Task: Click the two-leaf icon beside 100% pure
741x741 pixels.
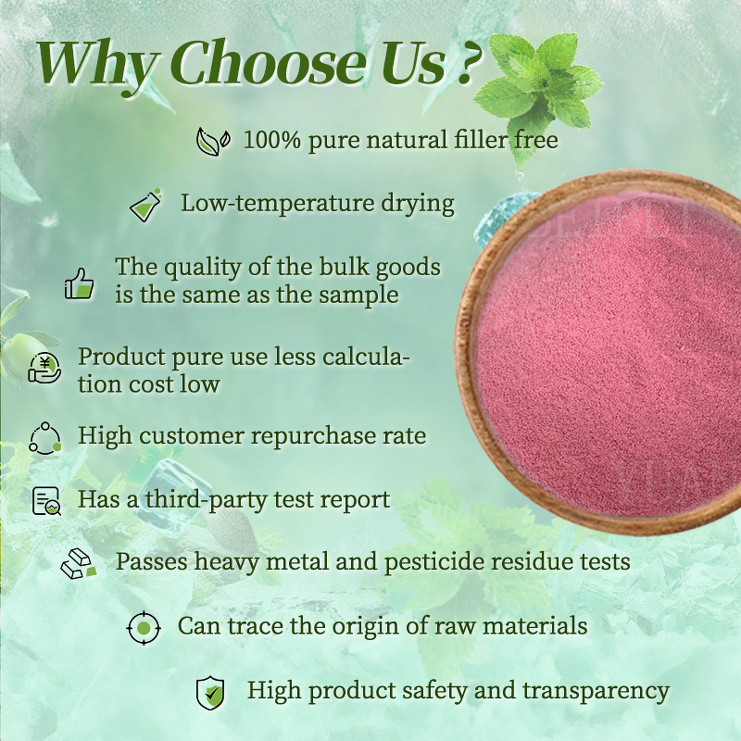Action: [x=212, y=141]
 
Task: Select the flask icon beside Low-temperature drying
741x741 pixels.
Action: [x=145, y=204]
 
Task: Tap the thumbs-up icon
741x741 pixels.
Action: [x=80, y=282]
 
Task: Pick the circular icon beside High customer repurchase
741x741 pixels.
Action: [x=44, y=436]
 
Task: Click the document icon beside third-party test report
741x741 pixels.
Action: [x=45, y=501]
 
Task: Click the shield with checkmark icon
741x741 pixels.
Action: [x=210, y=692]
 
